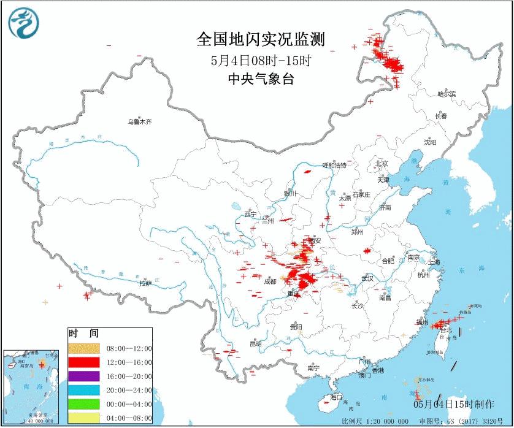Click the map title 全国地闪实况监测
tap(260, 40)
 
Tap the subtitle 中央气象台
tap(260, 78)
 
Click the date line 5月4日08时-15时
tap(260, 60)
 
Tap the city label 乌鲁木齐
tap(139, 122)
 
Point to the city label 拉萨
tap(145, 283)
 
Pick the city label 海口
tap(336, 397)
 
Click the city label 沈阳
tap(430, 142)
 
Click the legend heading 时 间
tap(83, 334)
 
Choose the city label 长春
tap(442, 116)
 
